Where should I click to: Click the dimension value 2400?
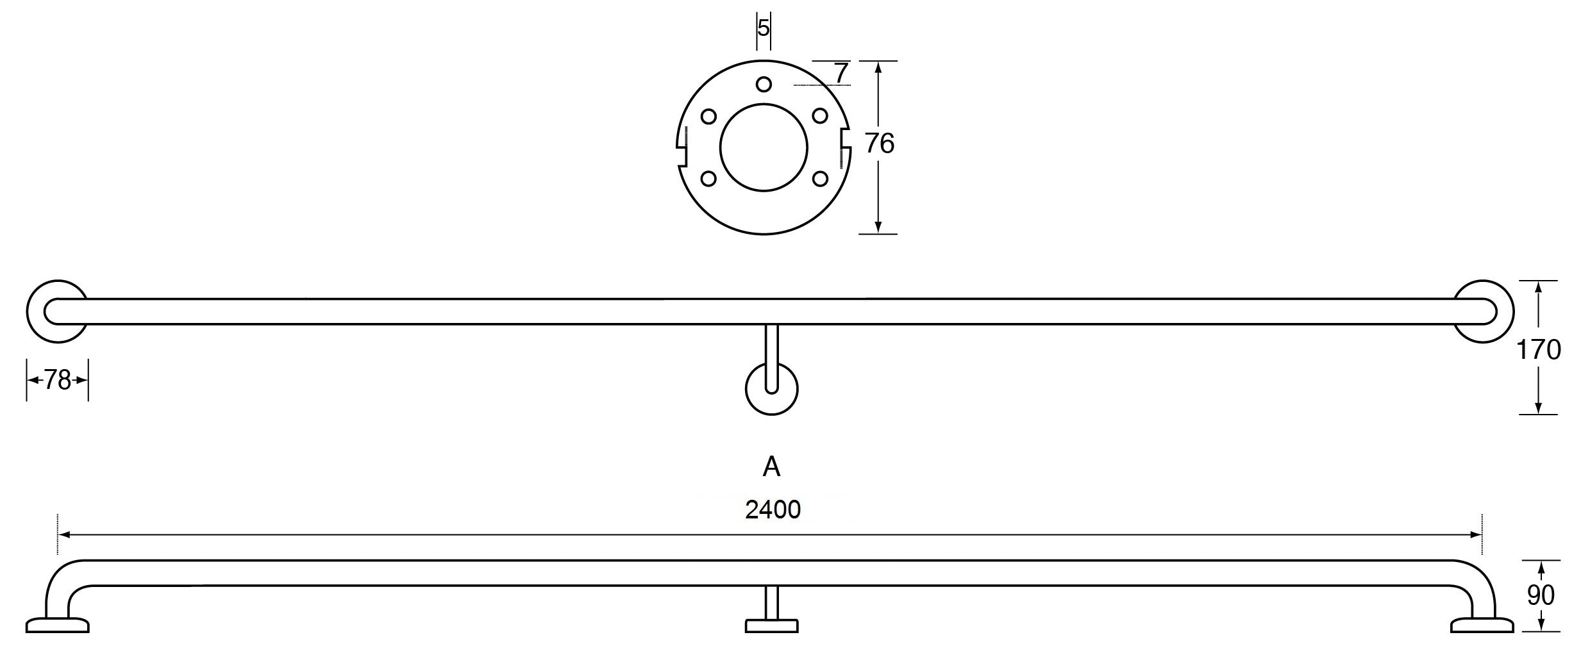coord(773,509)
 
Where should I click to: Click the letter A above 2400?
coord(771,467)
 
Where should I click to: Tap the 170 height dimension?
coord(1539,350)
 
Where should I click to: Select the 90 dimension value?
coord(1541,595)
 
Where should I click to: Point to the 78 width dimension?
coord(57,381)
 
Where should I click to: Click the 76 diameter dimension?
coord(879,144)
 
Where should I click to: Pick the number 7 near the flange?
coord(841,73)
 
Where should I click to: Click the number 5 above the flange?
coord(763,28)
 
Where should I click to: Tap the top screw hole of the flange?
coord(763,84)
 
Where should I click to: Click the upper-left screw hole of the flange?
coord(708,117)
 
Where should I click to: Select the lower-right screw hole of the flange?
coord(819,178)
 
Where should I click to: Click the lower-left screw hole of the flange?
coord(708,178)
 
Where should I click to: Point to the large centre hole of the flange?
coord(763,147)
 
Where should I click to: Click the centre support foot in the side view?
coord(771,625)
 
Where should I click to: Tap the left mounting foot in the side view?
coord(57,625)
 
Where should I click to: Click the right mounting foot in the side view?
coord(1482,625)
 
